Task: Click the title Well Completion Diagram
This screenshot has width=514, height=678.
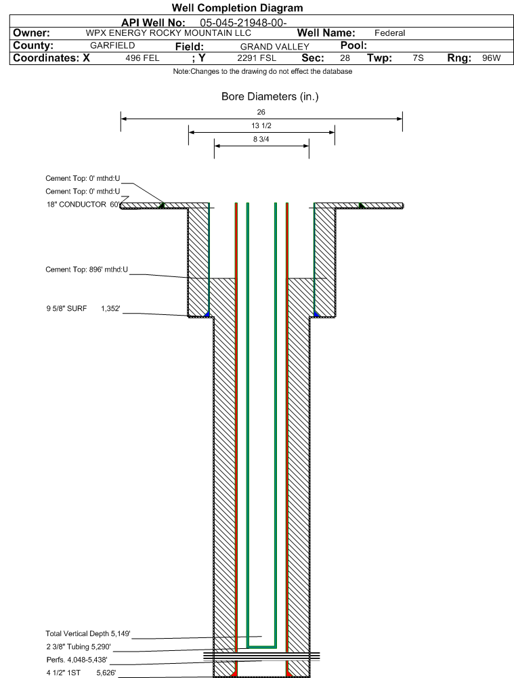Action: click(x=237, y=7)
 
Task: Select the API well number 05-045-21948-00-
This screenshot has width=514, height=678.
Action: click(x=243, y=23)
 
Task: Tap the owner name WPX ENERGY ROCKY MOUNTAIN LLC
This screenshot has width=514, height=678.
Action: click(x=168, y=33)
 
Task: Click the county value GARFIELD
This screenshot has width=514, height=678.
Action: click(x=112, y=45)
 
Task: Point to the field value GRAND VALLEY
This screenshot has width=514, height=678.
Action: click(x=275, y=47)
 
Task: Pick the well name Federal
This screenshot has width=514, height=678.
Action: click(x=390, y=33)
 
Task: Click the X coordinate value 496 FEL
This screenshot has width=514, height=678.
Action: click(x=143, y=58)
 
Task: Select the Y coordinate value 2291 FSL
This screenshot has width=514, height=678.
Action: click(x=257, y=58)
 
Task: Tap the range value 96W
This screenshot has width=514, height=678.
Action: click(x=492, y=58)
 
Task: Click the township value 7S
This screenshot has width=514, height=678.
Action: click(x=418, y=58)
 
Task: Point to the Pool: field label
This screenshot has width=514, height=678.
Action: click(x=354, y=45)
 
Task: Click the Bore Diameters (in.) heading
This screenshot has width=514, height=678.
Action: click(x=270, y=96)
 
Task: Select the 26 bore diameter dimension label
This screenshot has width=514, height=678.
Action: click(x=261, y=112)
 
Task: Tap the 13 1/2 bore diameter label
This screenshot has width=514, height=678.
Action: click(x=261, y=126)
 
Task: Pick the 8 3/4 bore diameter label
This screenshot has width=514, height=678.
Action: click(x=261, y=140)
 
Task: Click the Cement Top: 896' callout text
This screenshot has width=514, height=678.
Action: click(x=87, y=270)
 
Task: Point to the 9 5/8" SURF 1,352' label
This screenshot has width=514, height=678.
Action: click(x=83, y=308)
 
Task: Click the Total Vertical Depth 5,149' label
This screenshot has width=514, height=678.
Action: click(x=88, y=633)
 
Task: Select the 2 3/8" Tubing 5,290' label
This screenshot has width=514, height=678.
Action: click(x=79, y=647)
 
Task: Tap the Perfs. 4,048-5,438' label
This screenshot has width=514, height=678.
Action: click(x=77, y=660)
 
